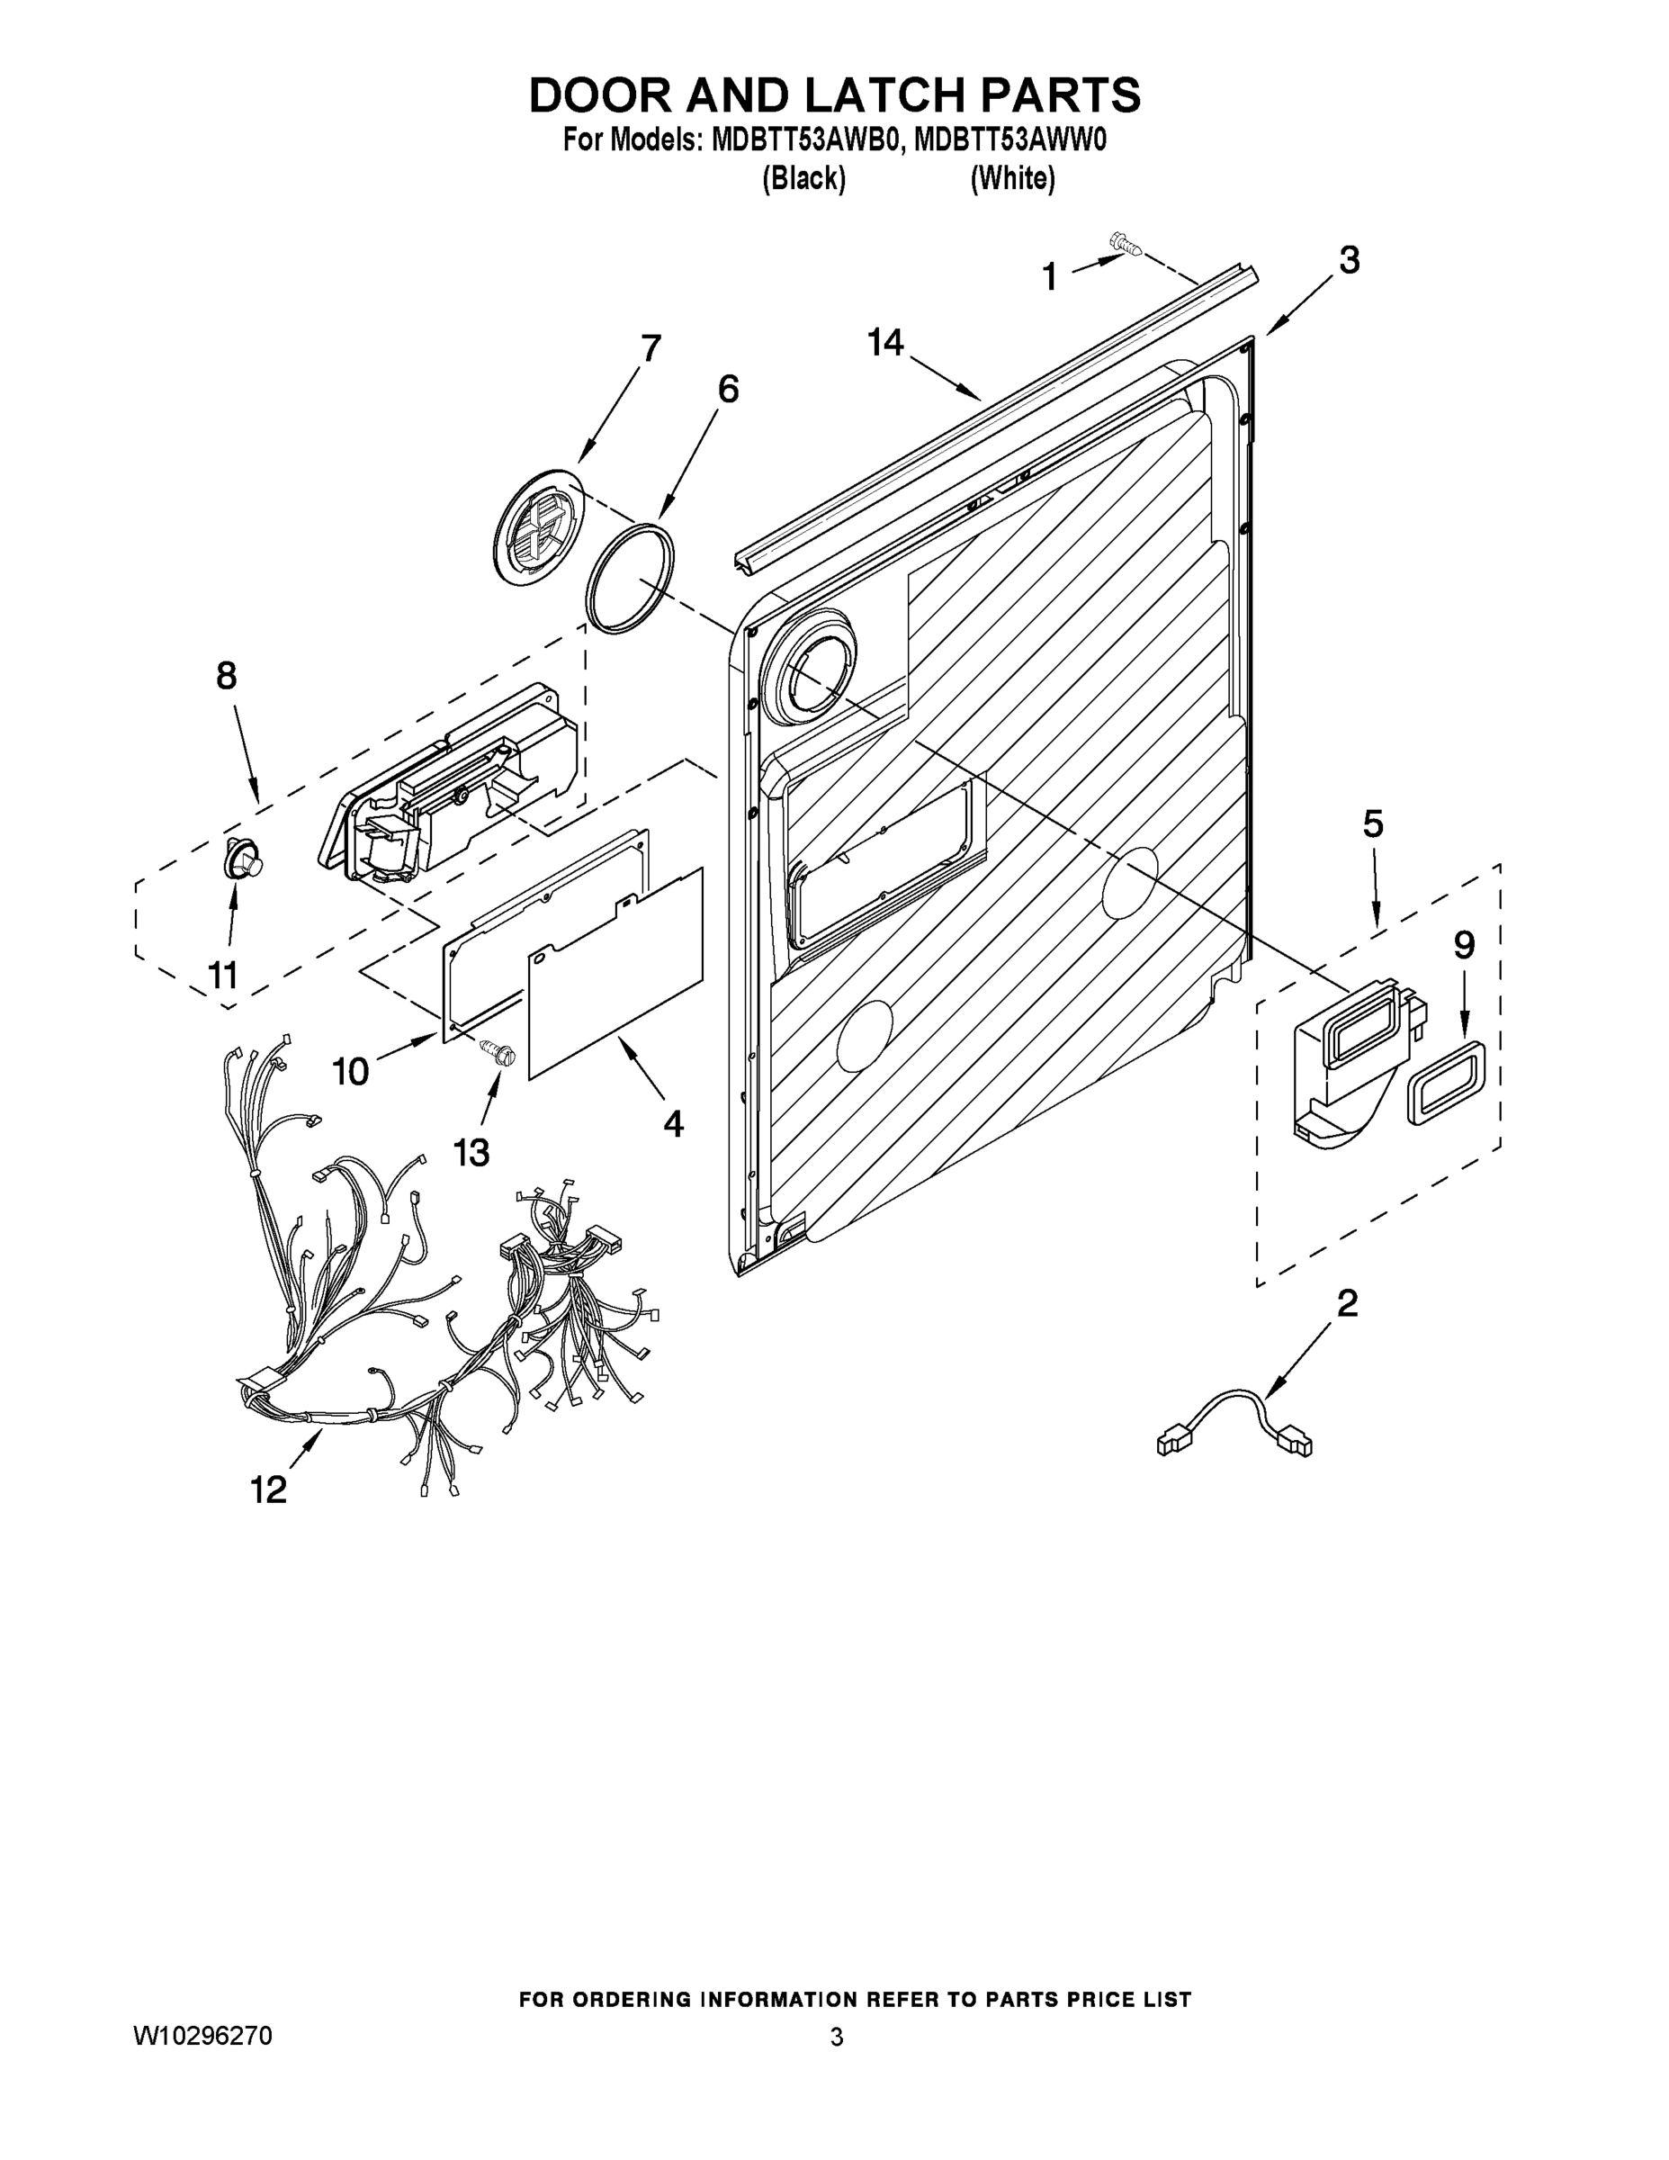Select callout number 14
click(885, 342)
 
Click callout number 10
click(351, 1070)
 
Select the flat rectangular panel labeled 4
click(616, 971)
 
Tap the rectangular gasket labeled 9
click(1449, 1082)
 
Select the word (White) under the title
click(1012, 179)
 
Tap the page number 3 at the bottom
click(837, 2037)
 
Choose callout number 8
click(227, 676)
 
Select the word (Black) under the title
click(803, 179)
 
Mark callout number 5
click(1373, 823)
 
